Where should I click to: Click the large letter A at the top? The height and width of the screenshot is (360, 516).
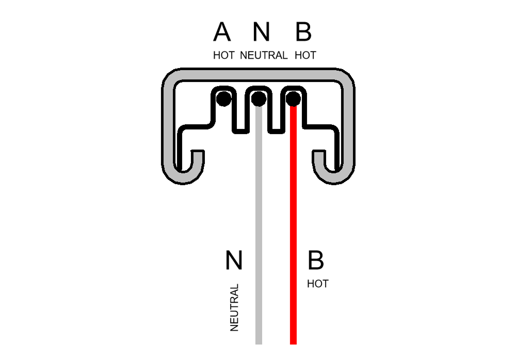tap(222, 31)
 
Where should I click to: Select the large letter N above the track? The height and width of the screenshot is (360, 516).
tap(262, 31)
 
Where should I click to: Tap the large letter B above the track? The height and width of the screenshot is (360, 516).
tap(303, 31)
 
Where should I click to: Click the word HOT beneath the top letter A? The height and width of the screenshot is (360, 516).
tap(224, 55)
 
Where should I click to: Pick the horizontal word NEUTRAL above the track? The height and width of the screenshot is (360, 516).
tap(264, 55)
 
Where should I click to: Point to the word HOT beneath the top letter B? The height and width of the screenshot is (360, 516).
tap(305, 55)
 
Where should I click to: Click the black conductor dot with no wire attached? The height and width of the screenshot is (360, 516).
tap(224, 99)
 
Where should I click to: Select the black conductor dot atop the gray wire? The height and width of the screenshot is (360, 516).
tap(259, 99)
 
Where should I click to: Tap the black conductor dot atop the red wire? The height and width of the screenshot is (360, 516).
tap(293, 99)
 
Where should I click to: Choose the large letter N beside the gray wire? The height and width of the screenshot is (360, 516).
tap(234, 260)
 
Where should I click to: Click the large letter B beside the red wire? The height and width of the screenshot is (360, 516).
tap(316, 260)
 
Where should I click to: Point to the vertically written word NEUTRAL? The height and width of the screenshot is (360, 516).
tap(234, 307)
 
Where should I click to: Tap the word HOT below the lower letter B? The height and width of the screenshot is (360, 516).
tap(317, 284)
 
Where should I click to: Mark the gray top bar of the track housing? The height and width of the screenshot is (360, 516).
tap(259, 75)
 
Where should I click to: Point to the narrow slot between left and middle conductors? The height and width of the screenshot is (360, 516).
tap(240, 112)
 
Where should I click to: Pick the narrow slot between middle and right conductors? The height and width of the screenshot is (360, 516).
tap(276, 112)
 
